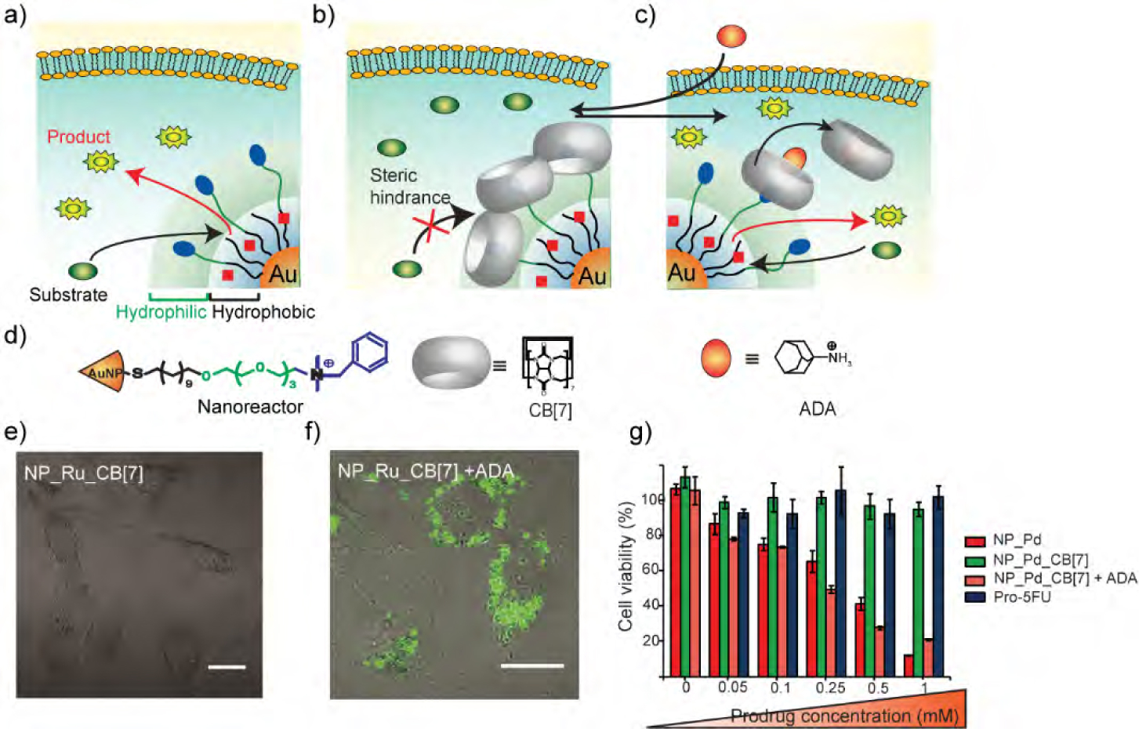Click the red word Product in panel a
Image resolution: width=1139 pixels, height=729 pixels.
78,136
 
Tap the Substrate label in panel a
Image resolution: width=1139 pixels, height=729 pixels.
68,295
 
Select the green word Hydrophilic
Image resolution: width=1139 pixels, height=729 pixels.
161,312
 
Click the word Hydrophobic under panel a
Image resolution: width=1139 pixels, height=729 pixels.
263,312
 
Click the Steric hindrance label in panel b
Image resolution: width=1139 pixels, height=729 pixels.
409,187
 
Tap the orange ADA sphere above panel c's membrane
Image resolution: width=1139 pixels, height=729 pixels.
731,36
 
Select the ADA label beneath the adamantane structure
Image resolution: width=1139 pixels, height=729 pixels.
817,408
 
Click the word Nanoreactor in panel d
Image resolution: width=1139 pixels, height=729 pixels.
250,407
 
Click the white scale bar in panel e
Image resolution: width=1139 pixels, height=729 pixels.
227,667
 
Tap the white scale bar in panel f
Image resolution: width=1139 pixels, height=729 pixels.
531,666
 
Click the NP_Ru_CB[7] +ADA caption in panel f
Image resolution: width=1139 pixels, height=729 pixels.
426,471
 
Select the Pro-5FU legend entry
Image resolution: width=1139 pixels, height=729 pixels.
1021,597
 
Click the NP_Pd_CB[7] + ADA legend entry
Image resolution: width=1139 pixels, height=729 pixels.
1064,578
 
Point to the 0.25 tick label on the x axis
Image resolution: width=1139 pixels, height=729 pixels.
830,687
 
